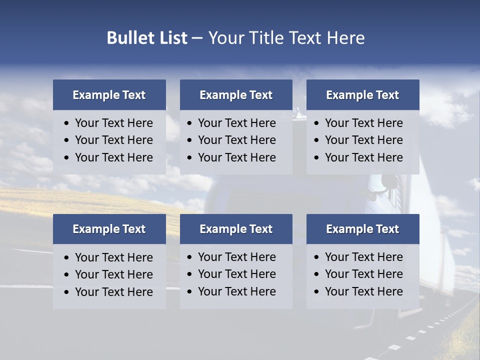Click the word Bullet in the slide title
tap(125, 38)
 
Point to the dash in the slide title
tap(197, 38)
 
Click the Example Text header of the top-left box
tap(109, 95)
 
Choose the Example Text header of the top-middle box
tap(236, 95)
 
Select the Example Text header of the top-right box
tap(362, 95)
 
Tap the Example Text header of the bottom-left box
tap(109, 229)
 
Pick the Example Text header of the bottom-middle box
tap(236, 229)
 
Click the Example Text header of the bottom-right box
tap(362, 229)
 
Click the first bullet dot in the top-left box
tap(67, 123)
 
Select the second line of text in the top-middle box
tap(236, 140)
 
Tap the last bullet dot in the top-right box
tap(316, 158)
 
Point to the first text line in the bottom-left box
tap(113, 257)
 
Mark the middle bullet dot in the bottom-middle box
tap(190, 274)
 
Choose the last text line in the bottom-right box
tap(363, 291)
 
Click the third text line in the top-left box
tap(113, 157)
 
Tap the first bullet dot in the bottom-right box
tap(316, 257)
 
